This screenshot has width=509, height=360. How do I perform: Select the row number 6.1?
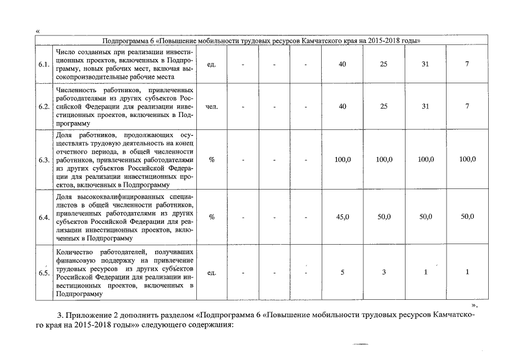[43, 64]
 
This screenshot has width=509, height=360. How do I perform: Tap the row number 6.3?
[43, 160]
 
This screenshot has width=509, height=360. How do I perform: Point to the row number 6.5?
[43, 273]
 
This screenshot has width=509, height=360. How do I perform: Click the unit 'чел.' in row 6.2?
[212, 106]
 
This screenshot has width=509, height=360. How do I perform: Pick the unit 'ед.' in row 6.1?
[212, 64]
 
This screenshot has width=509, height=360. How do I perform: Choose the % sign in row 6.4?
[212, 217]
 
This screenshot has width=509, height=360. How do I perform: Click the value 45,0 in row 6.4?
[343, 217]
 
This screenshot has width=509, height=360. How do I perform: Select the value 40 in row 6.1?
[343, 64]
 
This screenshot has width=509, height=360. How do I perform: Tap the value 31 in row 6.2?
[425, 106]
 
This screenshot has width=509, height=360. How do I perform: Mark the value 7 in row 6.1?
[467, 64]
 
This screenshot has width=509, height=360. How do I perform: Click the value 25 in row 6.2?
[384, 106]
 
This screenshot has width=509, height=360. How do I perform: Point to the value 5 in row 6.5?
[343, 272]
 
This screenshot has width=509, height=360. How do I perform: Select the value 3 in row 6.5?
[384, 272]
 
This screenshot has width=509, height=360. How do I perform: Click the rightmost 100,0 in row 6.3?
[467, 160]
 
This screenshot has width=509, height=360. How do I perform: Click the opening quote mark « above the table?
[37, 30]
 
